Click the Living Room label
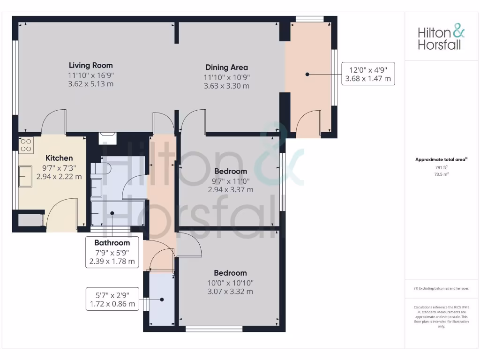point(90,65)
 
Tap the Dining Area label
point(226,67)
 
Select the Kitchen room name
point(59,158)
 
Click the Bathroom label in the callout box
point(112,243)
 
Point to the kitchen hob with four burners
point(26,144)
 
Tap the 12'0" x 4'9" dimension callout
point(368,74)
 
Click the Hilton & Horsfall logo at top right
point(441,38)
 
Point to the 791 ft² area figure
point(441,167)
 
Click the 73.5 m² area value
point(441,174)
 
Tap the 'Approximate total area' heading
point(441,159)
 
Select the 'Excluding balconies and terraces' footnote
point(441,288)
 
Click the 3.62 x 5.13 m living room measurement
point(90,84)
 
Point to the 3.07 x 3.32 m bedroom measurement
point(230,292)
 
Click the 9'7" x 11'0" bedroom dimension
point(230,180)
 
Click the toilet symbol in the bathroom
point(100,169)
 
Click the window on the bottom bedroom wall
point(214,329)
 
